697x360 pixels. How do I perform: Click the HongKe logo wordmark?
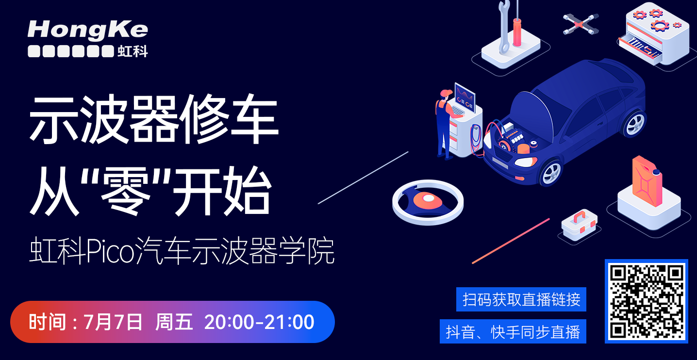point(88,30)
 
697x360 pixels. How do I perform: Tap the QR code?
point(647,301)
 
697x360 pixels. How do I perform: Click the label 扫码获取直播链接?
point(521,299)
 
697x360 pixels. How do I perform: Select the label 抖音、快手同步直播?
point(513,332)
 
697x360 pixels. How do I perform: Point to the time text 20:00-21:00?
point(259,322)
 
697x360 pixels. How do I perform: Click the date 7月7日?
point(113,322)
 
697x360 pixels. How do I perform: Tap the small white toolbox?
point(580,225)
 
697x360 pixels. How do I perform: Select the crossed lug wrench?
point(581,24)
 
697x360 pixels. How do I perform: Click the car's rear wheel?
point(635,124)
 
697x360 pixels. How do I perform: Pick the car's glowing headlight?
point(526,162)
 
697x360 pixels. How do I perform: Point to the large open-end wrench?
point(504,27)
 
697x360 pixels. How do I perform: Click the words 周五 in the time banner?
point(174,322)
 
